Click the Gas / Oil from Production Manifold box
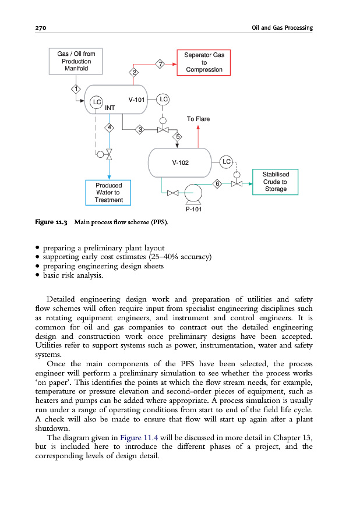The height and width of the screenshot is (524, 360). point(76,61)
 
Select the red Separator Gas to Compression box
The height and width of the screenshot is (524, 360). point(204,62)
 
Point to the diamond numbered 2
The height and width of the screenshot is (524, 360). point(135,72)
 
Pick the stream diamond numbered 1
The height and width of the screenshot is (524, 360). point(75,89)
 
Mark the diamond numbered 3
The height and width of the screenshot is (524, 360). point(139,129)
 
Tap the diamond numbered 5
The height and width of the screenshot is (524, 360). point(178,136)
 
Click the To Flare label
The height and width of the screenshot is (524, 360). point(198,119)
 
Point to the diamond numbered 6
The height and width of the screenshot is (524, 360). point(217,184)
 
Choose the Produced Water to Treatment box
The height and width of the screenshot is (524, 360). point(108,192)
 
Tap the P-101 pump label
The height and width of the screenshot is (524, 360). point(193,208)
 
